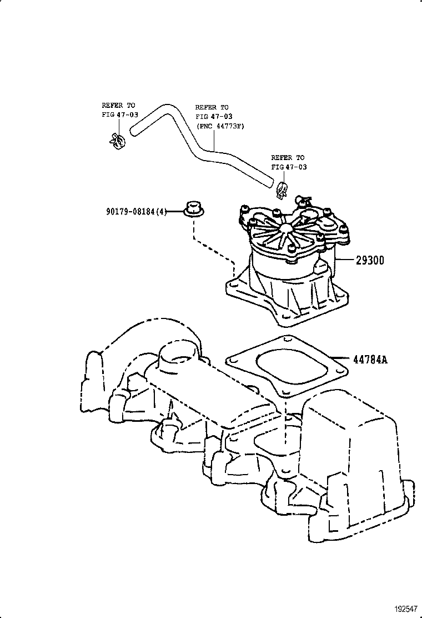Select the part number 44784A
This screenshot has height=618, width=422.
pos(370,360)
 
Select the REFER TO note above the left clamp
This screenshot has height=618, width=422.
pos(119,109)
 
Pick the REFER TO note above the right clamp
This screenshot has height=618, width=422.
pos(288,162)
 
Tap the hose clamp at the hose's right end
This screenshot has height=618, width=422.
pos(282,189)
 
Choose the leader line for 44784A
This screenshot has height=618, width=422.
pos(339,358)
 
